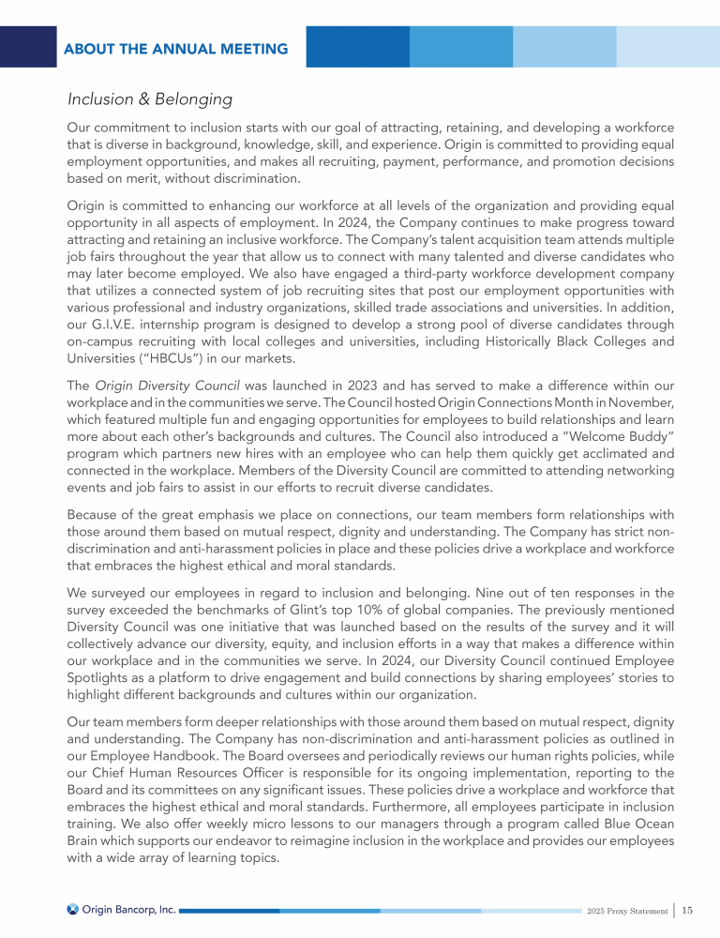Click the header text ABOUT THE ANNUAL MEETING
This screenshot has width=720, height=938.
point(175,48)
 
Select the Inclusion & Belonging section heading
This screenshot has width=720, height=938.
point(149,98)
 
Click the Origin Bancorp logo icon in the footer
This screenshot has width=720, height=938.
point(73,908)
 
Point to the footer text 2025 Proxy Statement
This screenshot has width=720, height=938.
point(627,910)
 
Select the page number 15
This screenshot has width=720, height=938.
point(687,909)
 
